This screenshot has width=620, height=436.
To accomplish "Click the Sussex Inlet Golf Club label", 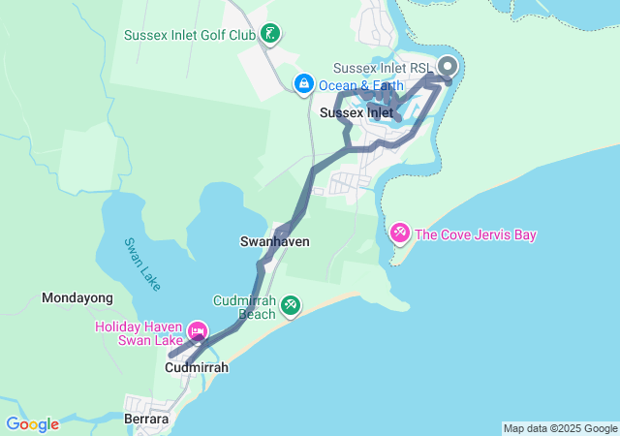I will click(189, 36).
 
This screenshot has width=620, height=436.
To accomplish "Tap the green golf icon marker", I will click(271, 36).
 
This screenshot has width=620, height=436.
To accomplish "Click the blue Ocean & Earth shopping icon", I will click(304, 84).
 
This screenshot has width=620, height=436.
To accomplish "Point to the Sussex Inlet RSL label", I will click(382, 68).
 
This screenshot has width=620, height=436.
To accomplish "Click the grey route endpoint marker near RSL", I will click(448, 67).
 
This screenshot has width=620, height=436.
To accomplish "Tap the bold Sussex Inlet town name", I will click(356, 113).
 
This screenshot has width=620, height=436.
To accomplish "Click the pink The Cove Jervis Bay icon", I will click(399, 234).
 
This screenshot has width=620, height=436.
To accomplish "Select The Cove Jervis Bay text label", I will click(475, 234).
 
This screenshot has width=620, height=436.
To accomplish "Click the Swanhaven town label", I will click(274, 240).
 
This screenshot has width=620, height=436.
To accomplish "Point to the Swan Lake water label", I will click(142, 265).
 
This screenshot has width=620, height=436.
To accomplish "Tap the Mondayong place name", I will click(77, 298).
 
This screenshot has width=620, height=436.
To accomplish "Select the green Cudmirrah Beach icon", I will click(290, 306).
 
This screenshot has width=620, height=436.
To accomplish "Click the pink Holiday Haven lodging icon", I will click(198, 333).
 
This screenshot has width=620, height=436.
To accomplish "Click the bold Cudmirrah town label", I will click(197, 368).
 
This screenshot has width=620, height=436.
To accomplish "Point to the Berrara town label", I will click(147, 420).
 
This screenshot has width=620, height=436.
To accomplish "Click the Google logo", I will click(32, 424).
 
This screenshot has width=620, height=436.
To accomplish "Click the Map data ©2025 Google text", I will click(560, 428).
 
